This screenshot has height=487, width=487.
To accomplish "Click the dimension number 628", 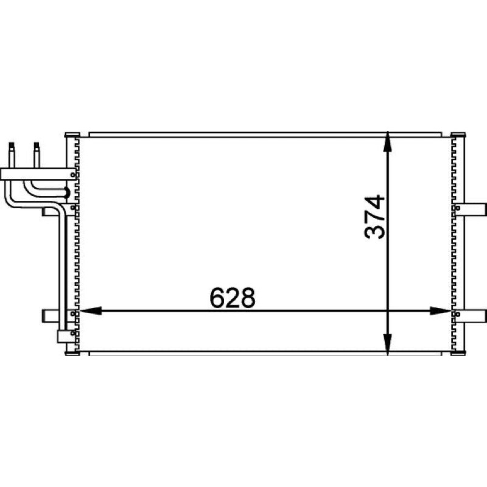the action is pyautogui.click(x=233, y=298).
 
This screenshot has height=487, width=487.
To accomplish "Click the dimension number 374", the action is pyautogui.click(x=374, y=217).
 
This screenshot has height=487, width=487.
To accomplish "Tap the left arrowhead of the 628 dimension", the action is pyautogui.click(x=91, y=310).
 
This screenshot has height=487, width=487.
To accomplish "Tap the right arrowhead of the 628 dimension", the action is pyautogui.click(x=441, y=310).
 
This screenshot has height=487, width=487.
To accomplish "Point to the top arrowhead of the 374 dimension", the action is pyautogui.click(x=387, y=142).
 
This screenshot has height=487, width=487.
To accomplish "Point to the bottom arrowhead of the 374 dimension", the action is pyautogui.click(x=387, y=345).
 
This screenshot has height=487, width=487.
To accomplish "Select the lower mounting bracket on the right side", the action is pyautogui.click(x=469, y=315).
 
